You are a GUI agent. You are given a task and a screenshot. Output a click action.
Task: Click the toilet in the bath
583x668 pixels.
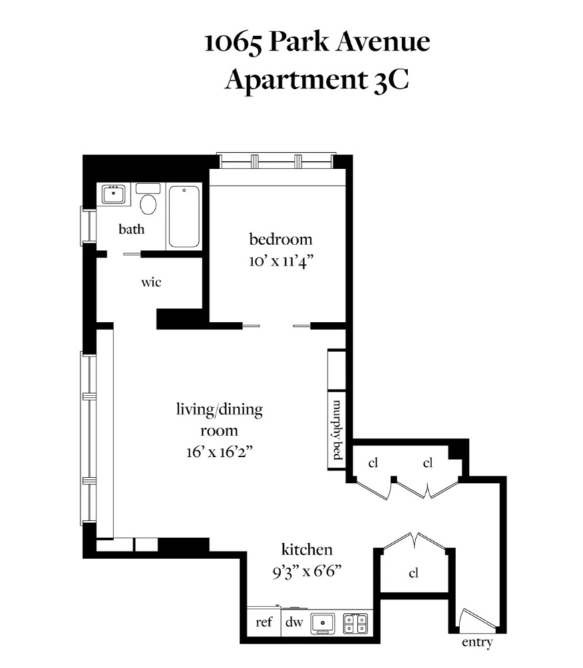pos(148,199)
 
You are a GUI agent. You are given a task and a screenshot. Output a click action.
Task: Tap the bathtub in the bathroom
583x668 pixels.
pos(184,216)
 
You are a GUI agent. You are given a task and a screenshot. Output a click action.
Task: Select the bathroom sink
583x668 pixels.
pos(114,194)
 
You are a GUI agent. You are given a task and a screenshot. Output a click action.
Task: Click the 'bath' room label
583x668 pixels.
pos(131,229)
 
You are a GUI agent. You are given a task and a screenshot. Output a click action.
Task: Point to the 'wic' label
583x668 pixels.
pos(151,282)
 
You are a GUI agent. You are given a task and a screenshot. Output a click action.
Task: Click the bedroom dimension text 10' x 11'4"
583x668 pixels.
pos(281,261)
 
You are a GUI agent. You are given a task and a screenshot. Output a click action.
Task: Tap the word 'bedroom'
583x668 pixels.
pos(280,239)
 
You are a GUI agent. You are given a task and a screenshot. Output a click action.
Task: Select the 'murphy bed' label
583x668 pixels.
pos(337,430)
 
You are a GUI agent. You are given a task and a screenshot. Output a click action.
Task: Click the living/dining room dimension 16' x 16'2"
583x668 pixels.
pos(219,452)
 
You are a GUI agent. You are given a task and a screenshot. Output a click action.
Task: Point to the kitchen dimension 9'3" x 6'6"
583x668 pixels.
pos(307,571)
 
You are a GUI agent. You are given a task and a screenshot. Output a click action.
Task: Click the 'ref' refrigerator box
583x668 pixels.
pos(264,622)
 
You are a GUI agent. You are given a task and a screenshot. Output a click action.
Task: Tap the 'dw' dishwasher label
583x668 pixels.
pos(294,622)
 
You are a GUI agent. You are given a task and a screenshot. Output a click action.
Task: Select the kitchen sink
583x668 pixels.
pos(323,623)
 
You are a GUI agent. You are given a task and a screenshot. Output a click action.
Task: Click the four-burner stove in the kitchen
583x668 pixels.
pos(355,623)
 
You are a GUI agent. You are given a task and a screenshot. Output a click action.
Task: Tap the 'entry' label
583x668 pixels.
pos(477,642)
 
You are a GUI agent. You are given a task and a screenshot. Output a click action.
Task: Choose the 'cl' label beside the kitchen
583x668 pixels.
pos(413,573)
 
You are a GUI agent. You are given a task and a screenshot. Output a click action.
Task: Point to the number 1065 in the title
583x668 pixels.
pos(233,43)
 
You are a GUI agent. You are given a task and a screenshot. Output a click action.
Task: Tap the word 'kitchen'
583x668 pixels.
pos(307,550)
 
